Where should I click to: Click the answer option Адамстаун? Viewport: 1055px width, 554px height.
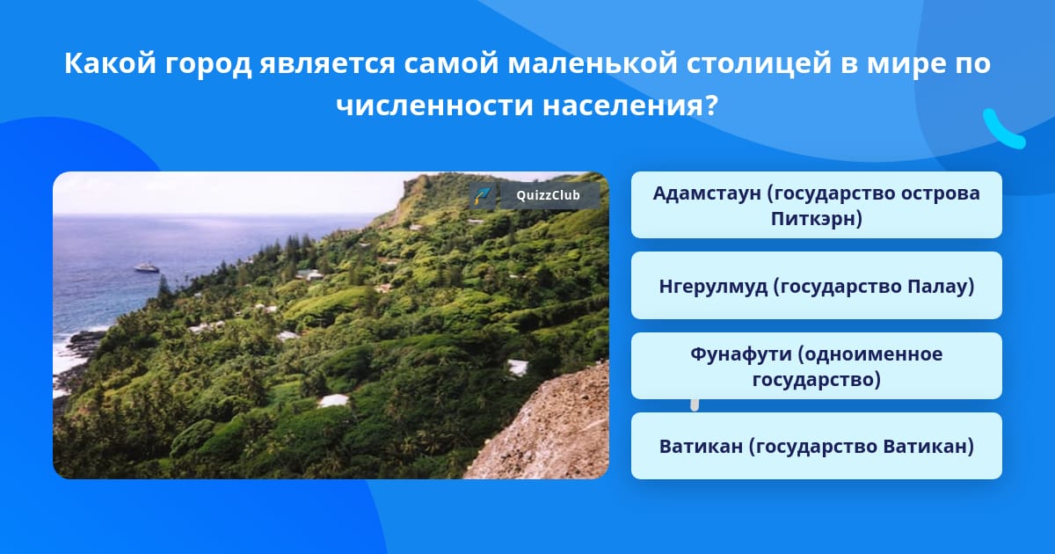click(816, 205)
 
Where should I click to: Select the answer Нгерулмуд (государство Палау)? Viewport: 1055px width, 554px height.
click(816, 286)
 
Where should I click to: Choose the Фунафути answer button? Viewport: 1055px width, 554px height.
click(816, 366)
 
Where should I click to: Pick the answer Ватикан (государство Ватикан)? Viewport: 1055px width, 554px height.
click(816, 446)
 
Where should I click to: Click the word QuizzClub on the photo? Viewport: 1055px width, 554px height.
click(548, 195)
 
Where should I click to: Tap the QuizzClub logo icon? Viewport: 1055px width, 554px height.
click(483, 195)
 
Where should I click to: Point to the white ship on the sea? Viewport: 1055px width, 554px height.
click(147, 267)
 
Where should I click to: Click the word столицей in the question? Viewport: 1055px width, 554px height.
click(758, 63)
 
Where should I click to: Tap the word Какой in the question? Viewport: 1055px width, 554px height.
click(110, 63)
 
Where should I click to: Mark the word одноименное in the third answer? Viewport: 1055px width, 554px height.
click(870, 354)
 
